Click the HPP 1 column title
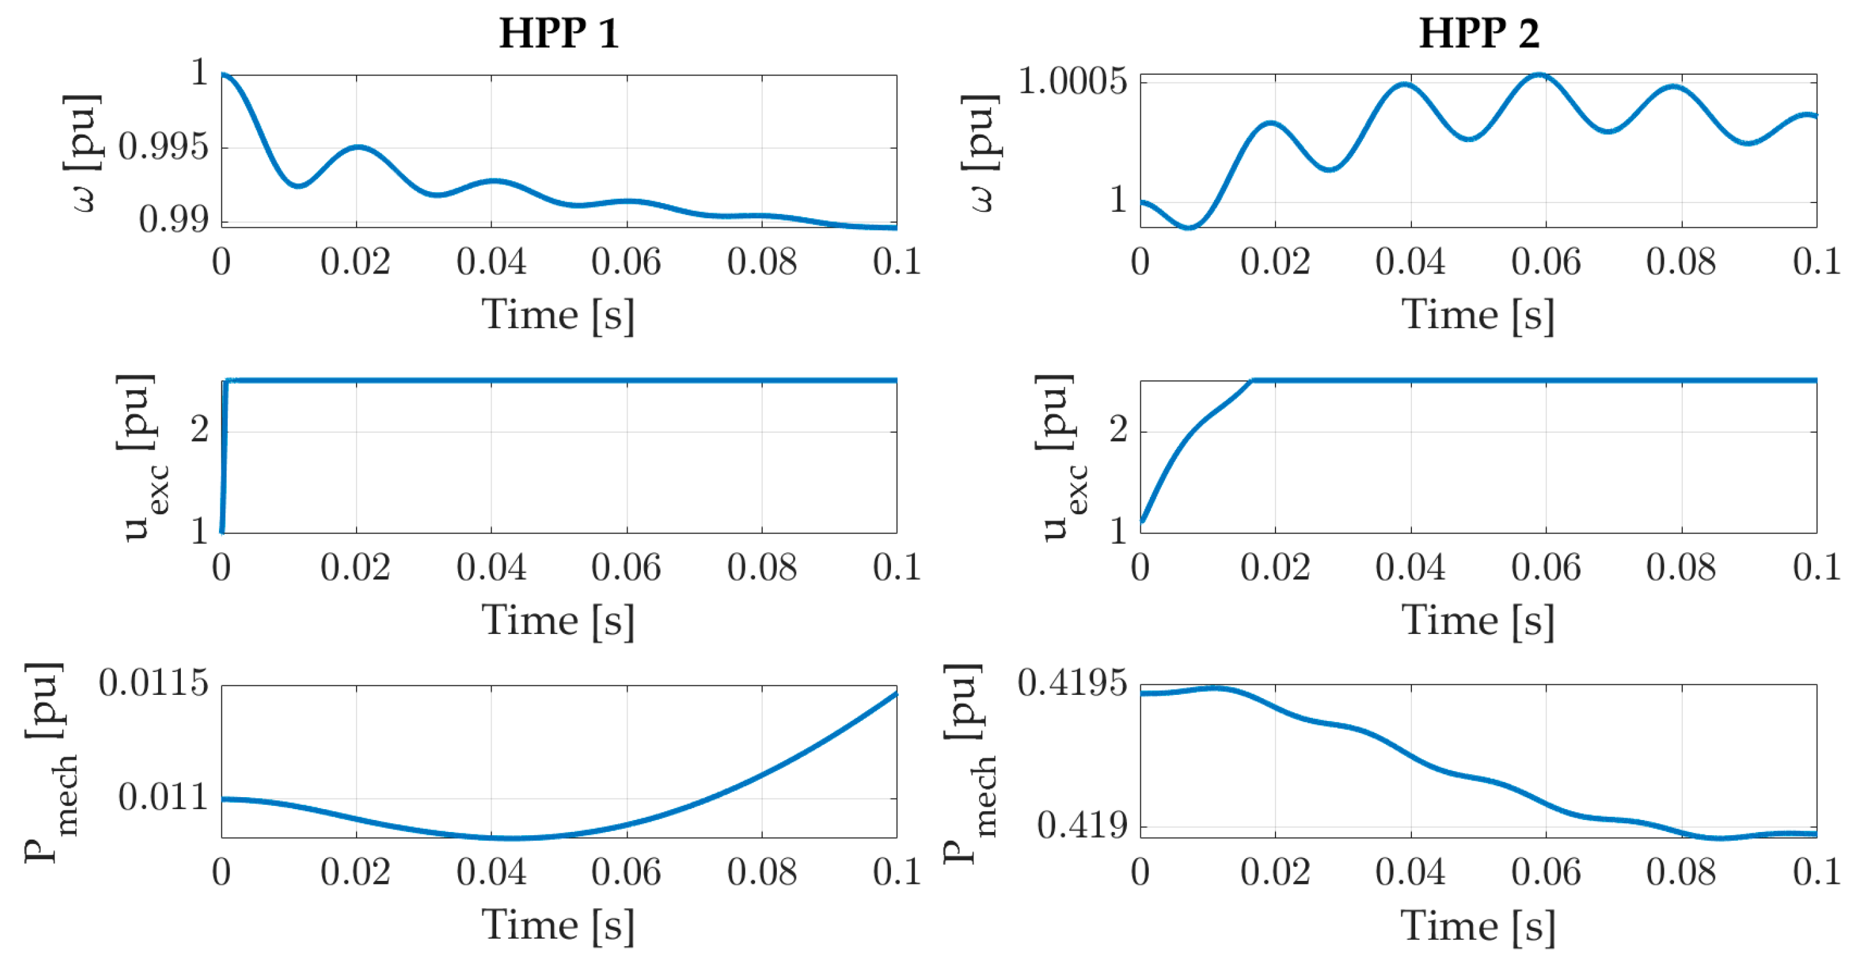(x=559, y=34)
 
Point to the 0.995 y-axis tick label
(x=163, y=147)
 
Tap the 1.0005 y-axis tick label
(x=1072, y=81)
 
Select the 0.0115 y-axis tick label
(x=153, y=683)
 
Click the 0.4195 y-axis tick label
(x=1072, y=683)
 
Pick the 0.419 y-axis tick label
(x=1082, y=826)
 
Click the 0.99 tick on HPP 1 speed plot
(x=173, y=220)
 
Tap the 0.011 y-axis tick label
(x=163, y=797)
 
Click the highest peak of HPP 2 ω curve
(x=1539, y=75)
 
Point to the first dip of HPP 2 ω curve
(x=1189, y=227)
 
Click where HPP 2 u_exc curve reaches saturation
(x=1252, y=381)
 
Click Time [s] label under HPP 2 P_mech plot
(x=1478, y=925)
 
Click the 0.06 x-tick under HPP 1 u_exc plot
(x=626, y=569)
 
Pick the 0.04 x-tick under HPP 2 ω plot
(x=1410, y=262)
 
